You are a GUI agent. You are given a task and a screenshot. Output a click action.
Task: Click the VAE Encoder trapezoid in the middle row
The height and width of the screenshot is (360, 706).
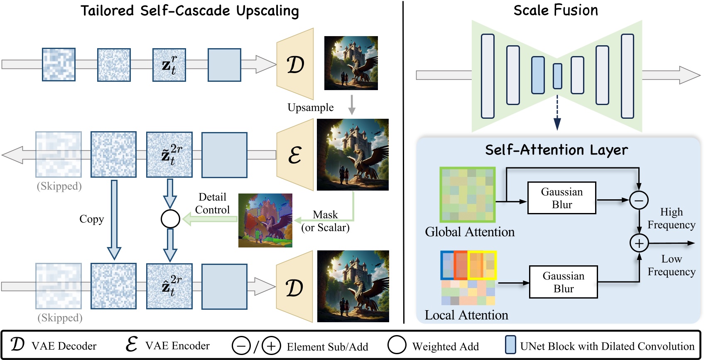click(295, 155)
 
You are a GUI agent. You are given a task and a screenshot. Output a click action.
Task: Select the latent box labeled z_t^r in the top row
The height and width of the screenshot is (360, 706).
click(169, 65)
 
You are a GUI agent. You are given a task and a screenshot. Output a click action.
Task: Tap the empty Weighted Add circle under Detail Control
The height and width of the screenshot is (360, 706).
click(170, 219)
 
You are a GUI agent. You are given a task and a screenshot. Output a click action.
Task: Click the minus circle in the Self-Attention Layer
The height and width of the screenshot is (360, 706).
click(639, 201)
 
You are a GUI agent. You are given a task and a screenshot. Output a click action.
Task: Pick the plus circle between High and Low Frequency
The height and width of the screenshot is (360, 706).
click(639, 243)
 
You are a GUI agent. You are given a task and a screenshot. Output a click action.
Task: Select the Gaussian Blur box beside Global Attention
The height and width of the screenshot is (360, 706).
click(561, 198)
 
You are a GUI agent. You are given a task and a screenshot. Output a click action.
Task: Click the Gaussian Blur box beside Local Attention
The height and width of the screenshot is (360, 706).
click(563, 282)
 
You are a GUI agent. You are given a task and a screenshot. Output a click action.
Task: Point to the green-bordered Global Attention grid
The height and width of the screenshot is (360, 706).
click(468, 195)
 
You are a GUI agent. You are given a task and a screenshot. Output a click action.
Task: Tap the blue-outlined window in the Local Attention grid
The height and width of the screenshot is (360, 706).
click(447, 265)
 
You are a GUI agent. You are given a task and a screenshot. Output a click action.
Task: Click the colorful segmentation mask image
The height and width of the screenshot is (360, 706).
click(265, 220)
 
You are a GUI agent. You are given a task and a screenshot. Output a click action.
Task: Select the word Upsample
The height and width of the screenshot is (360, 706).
click(310, 108)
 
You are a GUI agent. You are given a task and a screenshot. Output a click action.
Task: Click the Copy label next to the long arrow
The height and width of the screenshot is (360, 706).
click(91, 219)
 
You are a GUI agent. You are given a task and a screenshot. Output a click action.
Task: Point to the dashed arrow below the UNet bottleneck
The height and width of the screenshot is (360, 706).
click(557, 112)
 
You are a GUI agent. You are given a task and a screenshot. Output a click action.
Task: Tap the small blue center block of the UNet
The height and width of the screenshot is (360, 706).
click(557, 76)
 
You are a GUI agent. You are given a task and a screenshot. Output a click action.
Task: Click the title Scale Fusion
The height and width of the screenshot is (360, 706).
click(556, 10)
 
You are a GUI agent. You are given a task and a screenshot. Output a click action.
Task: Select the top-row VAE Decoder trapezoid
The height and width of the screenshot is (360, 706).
click(295, 64)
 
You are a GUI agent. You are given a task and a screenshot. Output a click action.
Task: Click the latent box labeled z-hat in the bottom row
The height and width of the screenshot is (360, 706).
click(169, 286)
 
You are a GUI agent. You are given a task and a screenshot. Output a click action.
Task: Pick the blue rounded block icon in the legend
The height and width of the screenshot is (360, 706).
click(510, 345)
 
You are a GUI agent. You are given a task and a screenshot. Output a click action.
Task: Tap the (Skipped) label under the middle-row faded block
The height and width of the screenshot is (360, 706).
click(59, 186)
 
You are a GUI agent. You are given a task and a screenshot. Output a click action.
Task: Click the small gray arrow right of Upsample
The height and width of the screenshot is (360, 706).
click(352, 105)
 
